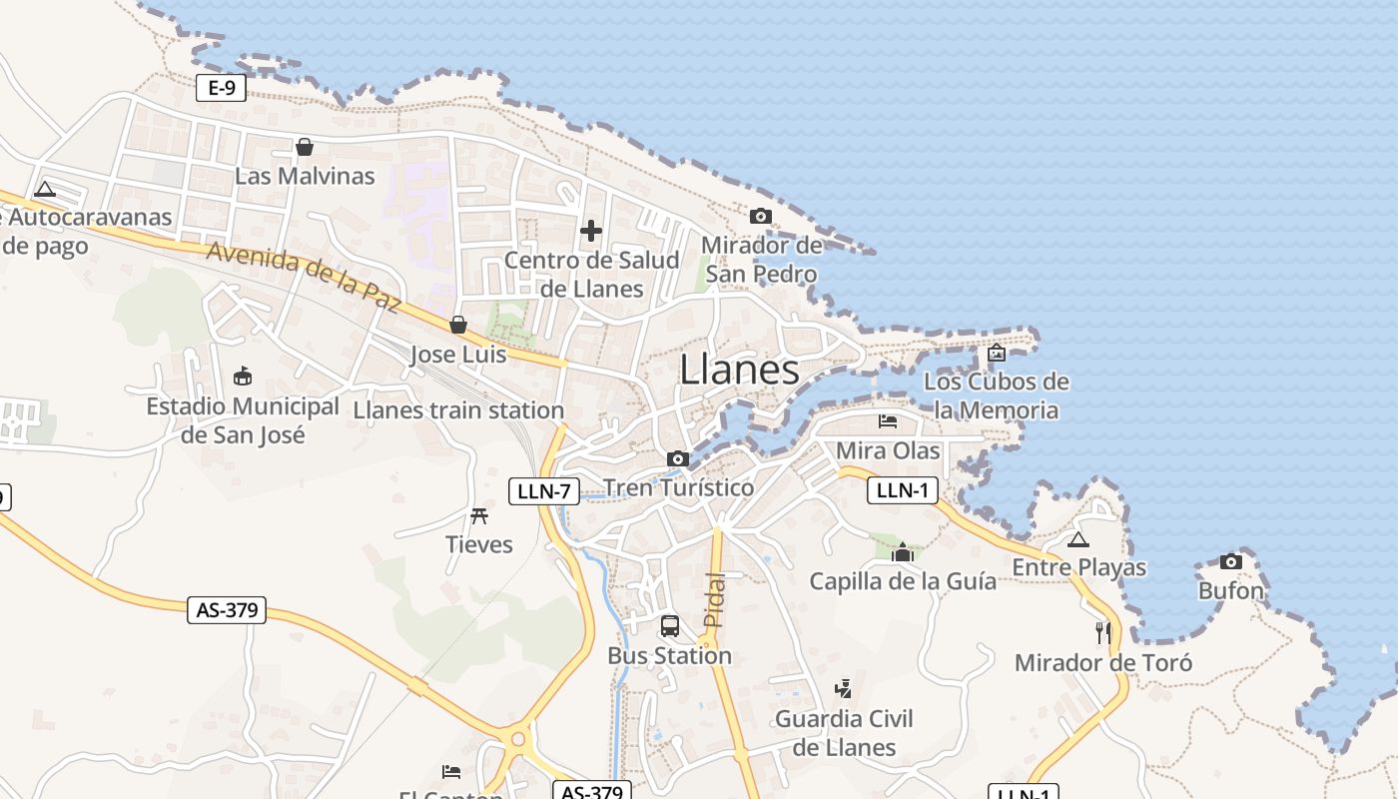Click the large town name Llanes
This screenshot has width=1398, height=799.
click(x=739, y=370)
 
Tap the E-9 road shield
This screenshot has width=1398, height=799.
click(x=221, y=88)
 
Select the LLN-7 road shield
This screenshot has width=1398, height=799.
click(x=544, y=490)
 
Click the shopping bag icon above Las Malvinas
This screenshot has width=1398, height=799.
click(x=305, y=148)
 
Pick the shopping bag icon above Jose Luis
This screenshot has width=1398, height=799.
click(x=458, y=325)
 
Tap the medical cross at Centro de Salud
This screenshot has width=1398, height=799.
click(x=591, y=232)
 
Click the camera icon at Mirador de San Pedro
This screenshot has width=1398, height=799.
click(x=761, y=216)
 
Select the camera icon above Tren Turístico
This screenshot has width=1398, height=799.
click(x=678, y=458)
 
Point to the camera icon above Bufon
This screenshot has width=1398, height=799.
click(x=1231, y=562)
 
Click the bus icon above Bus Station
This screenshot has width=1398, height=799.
click(x=670, y=626)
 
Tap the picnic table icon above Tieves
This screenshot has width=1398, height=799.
click(x=479, y=515)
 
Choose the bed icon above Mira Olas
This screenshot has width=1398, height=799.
click(x=888, y=421)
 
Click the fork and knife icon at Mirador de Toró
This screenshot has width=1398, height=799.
click(x=1103, y=632)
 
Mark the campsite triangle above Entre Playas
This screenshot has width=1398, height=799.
click(x=1077, y=540)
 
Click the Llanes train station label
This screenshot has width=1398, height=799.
click(x=458, y=409)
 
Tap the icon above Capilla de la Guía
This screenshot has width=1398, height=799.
click(x=903, y=552)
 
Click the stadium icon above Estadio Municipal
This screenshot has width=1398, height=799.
click(x=242, y=376)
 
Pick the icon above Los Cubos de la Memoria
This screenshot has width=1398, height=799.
click(x=996, y=353)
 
